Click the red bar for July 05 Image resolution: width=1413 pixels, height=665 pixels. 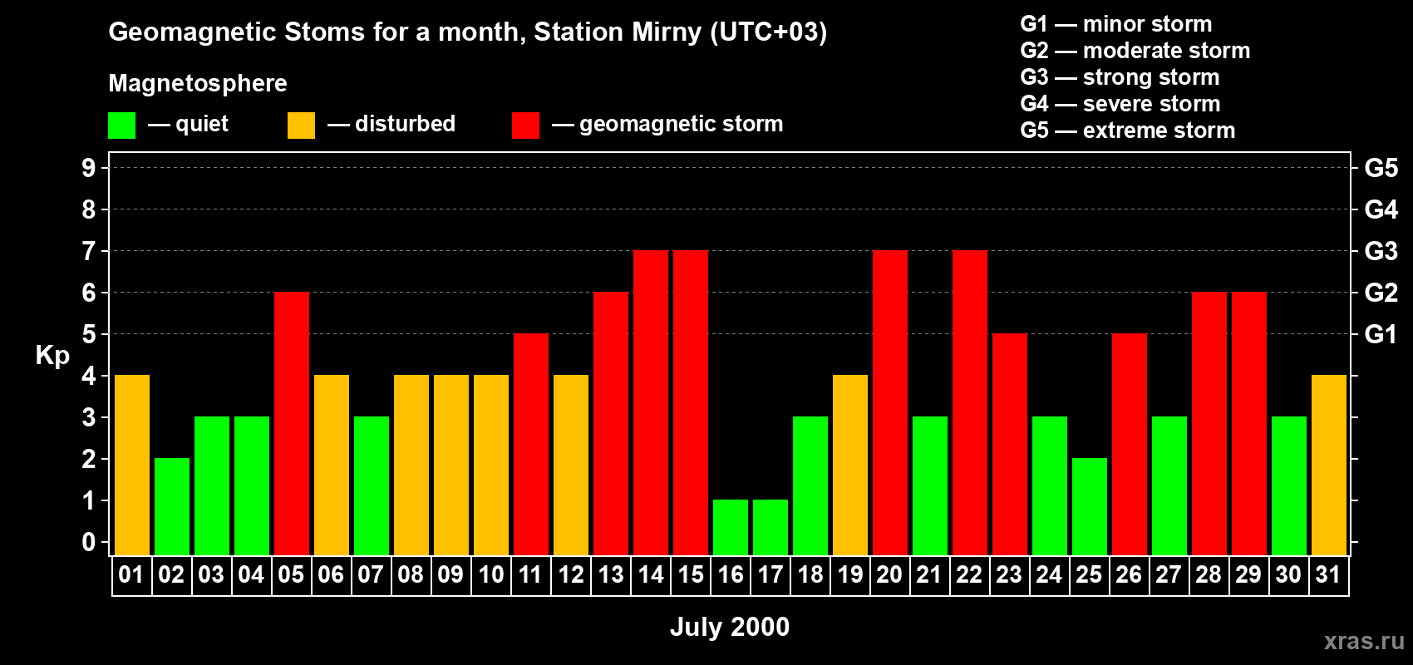(x=292, y=423)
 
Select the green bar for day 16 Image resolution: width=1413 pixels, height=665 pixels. (x=731, y=527)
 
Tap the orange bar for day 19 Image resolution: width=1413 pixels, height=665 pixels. (x=850, y=465)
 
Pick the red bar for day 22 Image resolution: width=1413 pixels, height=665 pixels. (x=970, y=402)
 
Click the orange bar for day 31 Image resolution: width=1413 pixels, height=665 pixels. (x=1329, y=465)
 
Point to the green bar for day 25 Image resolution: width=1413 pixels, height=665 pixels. (x=1090, y=506)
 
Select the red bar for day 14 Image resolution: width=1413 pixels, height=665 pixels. (x=651, y=402)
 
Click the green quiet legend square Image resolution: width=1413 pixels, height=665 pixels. (x=122, y=126)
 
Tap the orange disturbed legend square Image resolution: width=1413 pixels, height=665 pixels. (x=301, y=126)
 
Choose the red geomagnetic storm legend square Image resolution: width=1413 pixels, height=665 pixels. (x=525, y=126)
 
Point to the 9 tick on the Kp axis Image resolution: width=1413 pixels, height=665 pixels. (x=89, y=168)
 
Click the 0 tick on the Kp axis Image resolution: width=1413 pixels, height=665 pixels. (x=89, y=543)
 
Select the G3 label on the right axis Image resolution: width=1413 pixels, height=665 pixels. (x=1381, y=251)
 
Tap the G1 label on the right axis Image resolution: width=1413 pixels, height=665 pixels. (x=1381, y=334)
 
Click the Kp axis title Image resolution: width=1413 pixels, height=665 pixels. (x=52, y=356)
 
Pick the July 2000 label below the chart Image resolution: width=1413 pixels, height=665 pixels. (x=730, y=627)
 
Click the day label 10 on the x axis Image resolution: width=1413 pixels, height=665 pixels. (x=491, y=574)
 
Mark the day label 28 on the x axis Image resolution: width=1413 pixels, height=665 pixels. (x=1209, y=574)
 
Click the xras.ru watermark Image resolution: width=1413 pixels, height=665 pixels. (x=1364, y=640)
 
